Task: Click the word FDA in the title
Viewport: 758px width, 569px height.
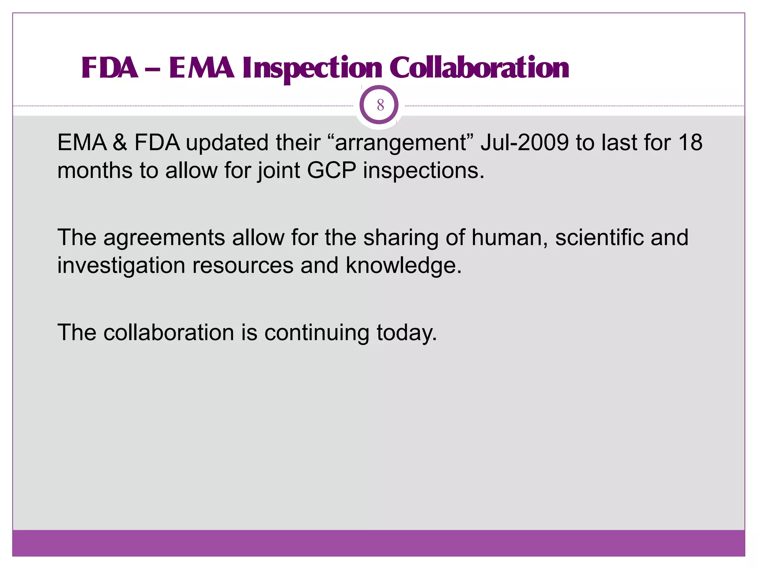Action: pos(110,68)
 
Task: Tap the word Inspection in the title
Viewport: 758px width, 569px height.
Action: pos(312,68)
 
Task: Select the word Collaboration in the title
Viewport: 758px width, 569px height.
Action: pos(479,68)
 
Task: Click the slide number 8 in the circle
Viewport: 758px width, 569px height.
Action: pos(380,105)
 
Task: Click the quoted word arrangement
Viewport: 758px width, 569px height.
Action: pos(401,143)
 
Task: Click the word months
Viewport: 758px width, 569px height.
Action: pos(95,171)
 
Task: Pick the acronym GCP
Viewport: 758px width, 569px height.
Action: pos(331,171)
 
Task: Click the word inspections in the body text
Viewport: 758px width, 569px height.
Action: pos(423,172)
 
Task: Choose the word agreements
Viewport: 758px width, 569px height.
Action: pos(164,238)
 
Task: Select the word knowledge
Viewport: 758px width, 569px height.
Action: pos(403,266)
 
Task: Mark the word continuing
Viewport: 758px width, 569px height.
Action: pos(316,333)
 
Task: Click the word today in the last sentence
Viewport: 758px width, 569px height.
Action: pos(406,333)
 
